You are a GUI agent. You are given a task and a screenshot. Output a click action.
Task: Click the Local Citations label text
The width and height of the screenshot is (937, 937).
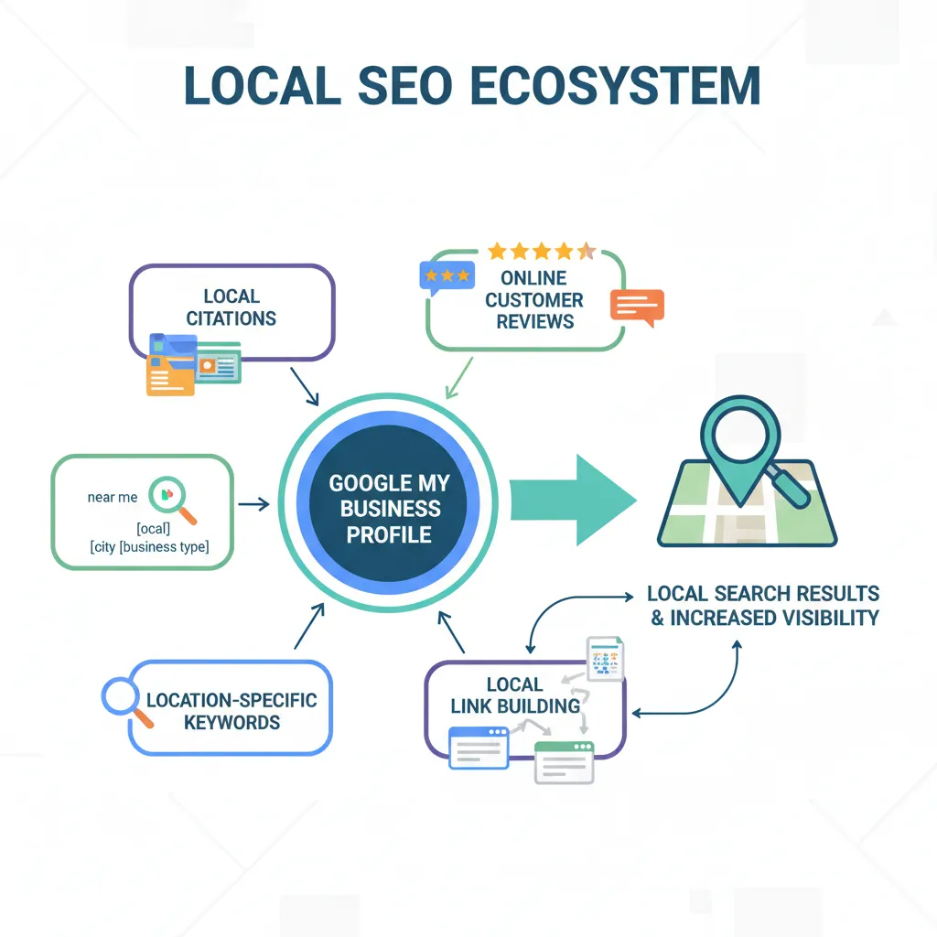pos(232,307)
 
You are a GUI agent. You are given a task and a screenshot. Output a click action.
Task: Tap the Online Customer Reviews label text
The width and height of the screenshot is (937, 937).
pos(534,299)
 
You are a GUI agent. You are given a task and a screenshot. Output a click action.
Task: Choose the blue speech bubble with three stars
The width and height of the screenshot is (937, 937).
pos(446,275)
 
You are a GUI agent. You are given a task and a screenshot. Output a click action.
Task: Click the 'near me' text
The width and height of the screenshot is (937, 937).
pos(113,497)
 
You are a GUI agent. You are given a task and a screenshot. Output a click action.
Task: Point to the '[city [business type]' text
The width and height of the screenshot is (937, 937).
pos(149,547)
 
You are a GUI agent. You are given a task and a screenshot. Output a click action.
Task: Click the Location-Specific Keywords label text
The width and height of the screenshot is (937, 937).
pos(232,711)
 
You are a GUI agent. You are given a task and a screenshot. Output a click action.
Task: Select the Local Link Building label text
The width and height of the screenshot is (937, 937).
pos(515,695)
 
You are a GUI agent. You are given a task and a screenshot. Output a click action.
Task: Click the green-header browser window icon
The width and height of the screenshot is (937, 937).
pos(564,761)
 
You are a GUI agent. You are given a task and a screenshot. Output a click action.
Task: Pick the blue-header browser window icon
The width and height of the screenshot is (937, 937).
pos(479,747)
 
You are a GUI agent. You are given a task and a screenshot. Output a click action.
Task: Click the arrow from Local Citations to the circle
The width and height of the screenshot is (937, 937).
pos(303,385)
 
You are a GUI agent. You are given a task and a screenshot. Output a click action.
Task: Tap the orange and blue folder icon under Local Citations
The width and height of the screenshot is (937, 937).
pos(171,365)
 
